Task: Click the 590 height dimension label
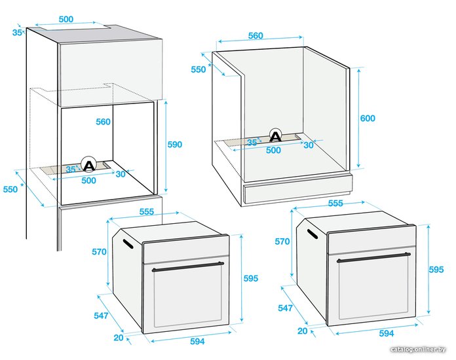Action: click(x=175, y=145)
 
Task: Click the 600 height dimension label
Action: click(x=368, y=118)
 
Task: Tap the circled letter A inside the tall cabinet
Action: click(x=88, y=166)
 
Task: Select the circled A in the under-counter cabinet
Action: click(x=275, y=136)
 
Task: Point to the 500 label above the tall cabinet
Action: click(x=66, y=19)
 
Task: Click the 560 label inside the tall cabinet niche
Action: click(x=104, y=122)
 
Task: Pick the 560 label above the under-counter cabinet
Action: click(x=256, y=36)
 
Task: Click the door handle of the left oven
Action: click(x=188, y=266)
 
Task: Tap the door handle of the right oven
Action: click(x=373, y=257)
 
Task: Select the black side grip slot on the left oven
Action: click(x=128, y=244)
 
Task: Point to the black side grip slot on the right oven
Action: click(x=313, y=234)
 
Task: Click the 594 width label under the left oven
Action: click(x=197, y=342)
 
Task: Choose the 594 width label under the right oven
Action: click(x=386, y=333)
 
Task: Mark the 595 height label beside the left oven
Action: click(x=251, y=278)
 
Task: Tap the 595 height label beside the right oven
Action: click(x=436, y=270)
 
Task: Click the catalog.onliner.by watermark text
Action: click(x=418, y=350)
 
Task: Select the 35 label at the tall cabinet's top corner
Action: click(x=17, y=33)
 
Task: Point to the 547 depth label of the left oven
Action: click(x=101, y=315)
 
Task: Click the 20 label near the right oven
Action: click(x=303, y=331)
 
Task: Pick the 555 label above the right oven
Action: click(x=335, y=204)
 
